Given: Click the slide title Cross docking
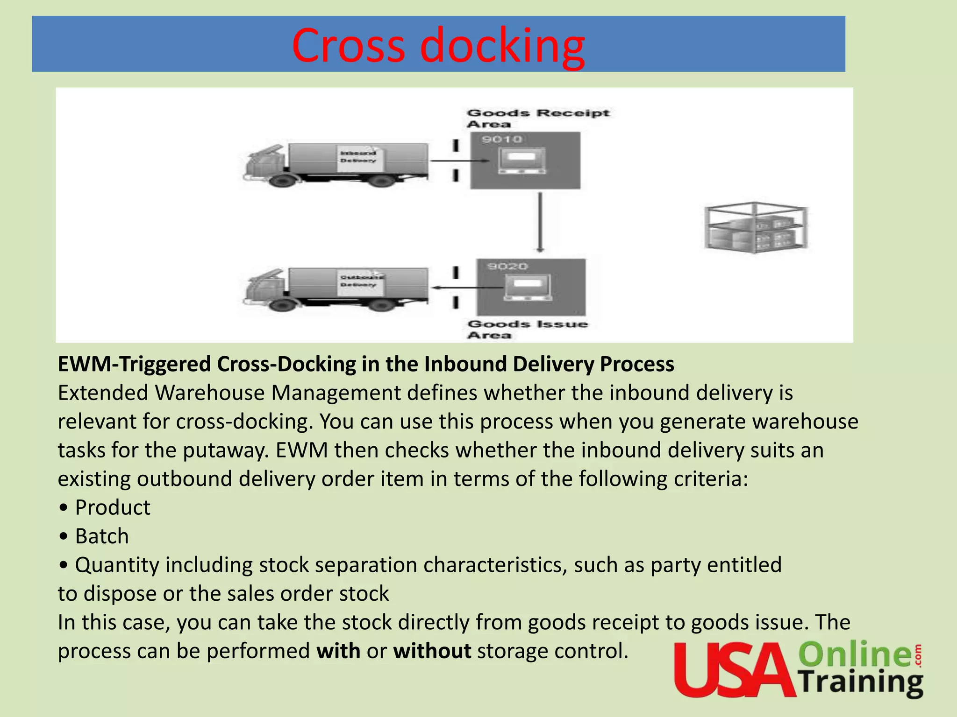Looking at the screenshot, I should click(438, 45).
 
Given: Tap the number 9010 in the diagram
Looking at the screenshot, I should click(502, 139).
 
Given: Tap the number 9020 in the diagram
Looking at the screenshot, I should click(507, 266).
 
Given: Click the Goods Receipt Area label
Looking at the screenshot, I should click(537, 118).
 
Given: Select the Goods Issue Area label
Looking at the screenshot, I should click(527, 329).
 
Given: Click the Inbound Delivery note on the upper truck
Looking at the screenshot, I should click(358, 157).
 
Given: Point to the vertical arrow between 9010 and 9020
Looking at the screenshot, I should click(540, 223).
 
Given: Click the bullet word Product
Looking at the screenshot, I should click(113, 507).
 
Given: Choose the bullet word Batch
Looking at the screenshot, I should click(102, 536).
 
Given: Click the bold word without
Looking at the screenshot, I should click(432, 651).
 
